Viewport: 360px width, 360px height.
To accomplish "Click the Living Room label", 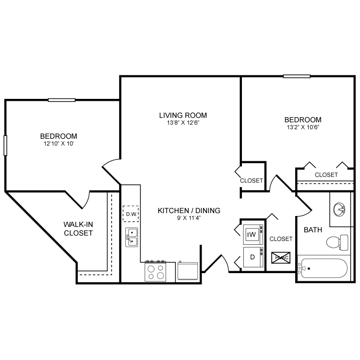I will coord(183,115).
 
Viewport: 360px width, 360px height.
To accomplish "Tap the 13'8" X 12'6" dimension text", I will coord(183,123).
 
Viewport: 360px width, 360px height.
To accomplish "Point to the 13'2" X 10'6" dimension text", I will coord(302,127).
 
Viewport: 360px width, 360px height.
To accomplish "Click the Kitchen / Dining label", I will coord(189,210).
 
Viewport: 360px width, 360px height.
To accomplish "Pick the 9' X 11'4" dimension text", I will coord(189,218).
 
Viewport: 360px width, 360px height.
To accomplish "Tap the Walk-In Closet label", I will coord(78,228).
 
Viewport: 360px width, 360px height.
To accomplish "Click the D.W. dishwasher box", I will coord(130,214).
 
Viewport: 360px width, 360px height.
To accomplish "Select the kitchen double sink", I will coord(131,237).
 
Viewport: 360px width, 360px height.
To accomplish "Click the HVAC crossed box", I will coord(280,258).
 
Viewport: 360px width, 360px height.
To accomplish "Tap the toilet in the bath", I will coord(339,241).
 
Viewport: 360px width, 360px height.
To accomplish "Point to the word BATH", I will coord(313,230).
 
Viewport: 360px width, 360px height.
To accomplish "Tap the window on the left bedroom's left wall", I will coord(6,145).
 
